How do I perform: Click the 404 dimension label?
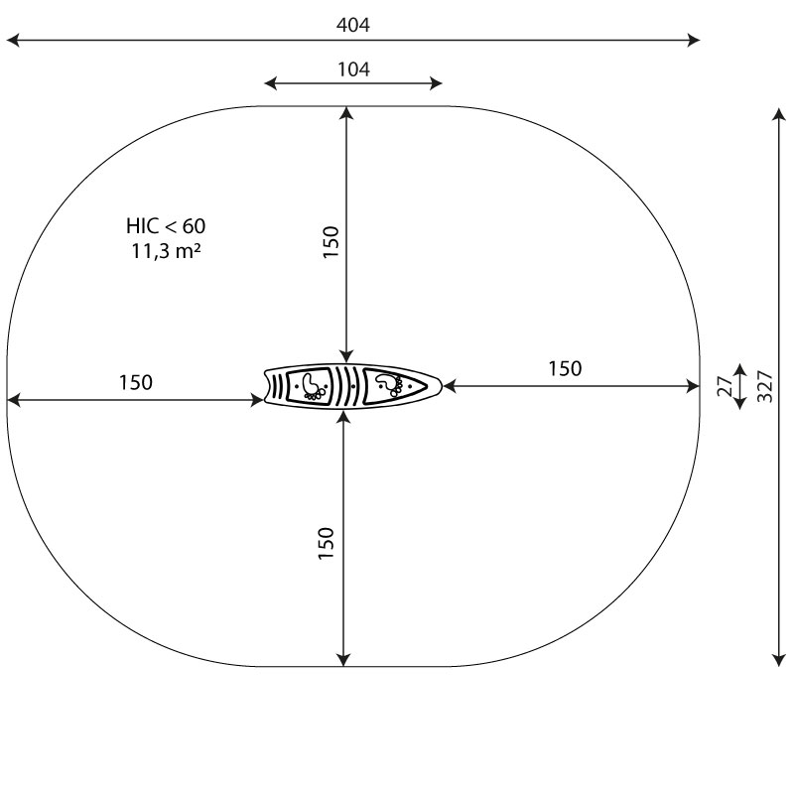[353, 25]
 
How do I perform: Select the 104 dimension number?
[353, 69]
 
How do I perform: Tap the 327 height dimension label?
[765, 386]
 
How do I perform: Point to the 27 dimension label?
[726, 386]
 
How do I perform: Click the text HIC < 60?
[166, 226]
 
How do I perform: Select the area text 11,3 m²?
[166, 251]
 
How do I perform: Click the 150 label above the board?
[331, 242]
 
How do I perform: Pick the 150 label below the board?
[327, 543]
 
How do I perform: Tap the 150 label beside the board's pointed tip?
[565, 368]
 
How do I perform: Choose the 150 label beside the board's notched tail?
[136, 382]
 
